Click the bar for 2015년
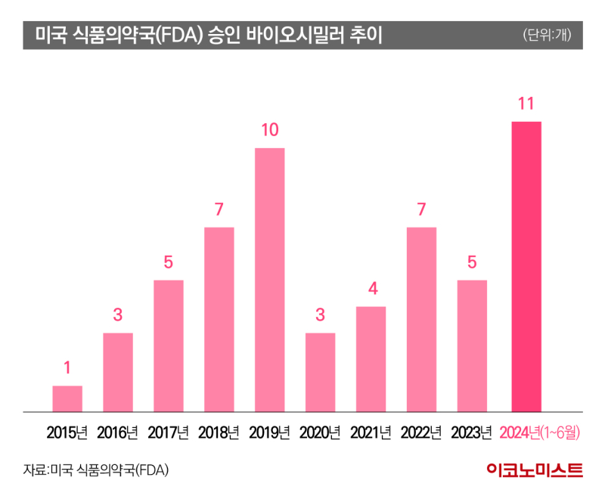click(67, 398)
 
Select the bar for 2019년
click(269, 280)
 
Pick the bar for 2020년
click(320, 372)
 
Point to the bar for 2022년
click(421, 319)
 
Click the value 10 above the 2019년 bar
click(269, 130)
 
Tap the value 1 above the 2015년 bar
click(67, 368)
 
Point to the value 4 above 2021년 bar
click(371, 289)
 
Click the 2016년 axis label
click(118, 433)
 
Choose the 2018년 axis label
click(219, 433)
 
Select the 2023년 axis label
click(471, 433)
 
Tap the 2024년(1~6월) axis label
click(540, 433)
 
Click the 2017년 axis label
click(168, 433)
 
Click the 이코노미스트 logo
click(534, 470)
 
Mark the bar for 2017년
click(168, 346)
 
